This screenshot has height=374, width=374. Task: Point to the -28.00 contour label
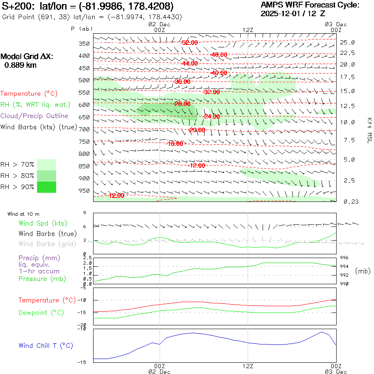coord(182,104)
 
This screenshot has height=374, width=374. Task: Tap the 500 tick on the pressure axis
coord(84,80)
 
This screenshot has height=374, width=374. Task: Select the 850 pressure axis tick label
coord(84,166)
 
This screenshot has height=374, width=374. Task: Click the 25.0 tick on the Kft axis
coord(347,42)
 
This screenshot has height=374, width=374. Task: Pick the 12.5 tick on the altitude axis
coord(347,106)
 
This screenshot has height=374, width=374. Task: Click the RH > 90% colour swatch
coord(47,187)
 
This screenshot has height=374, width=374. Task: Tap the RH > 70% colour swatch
coord(47,165)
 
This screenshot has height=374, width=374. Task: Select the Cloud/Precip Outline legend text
coord(34,116)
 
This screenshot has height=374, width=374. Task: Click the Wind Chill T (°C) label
coord(46,346)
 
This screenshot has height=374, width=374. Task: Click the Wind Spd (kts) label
coord(43,224)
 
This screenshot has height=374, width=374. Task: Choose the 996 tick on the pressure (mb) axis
coord(345,258)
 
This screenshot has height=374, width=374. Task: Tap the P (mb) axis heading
coord(82,29)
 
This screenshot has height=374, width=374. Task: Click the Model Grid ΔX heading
coord(27,57)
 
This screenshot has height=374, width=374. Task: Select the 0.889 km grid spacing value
coord(20,65)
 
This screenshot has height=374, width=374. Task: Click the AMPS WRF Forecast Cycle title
coord(310,5)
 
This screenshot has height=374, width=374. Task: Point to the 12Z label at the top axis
coord(248,30)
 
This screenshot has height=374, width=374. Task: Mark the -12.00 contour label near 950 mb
coord(116,196)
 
